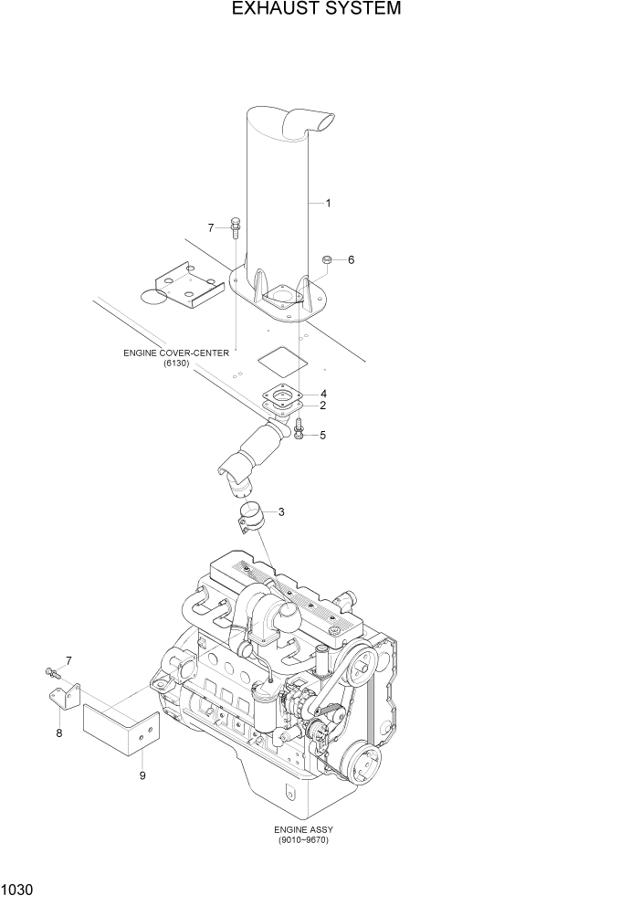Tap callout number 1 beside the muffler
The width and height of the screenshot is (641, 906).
coord(328,202)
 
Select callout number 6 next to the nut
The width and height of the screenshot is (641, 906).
coord(351,260)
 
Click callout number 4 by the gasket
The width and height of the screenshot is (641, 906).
coord(323,394)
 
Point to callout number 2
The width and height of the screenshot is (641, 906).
coord(322,405)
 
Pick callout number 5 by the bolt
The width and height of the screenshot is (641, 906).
coord(322,435)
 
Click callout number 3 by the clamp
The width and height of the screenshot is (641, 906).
coord(281,511)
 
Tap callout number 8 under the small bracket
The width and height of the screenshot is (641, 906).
coord(59,732)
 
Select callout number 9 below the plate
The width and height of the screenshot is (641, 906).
coord(142,775)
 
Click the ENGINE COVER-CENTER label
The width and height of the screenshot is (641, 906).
coord(176,353)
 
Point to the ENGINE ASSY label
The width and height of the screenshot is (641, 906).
coord(301,829)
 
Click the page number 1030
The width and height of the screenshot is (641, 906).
coord(18,888)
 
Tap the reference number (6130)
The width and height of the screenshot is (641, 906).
coord(176,364)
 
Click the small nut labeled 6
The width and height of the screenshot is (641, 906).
coord(326,261)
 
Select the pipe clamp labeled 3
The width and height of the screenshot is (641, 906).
coord(250,516)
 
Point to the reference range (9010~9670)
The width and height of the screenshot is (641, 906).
coord(302,840)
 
